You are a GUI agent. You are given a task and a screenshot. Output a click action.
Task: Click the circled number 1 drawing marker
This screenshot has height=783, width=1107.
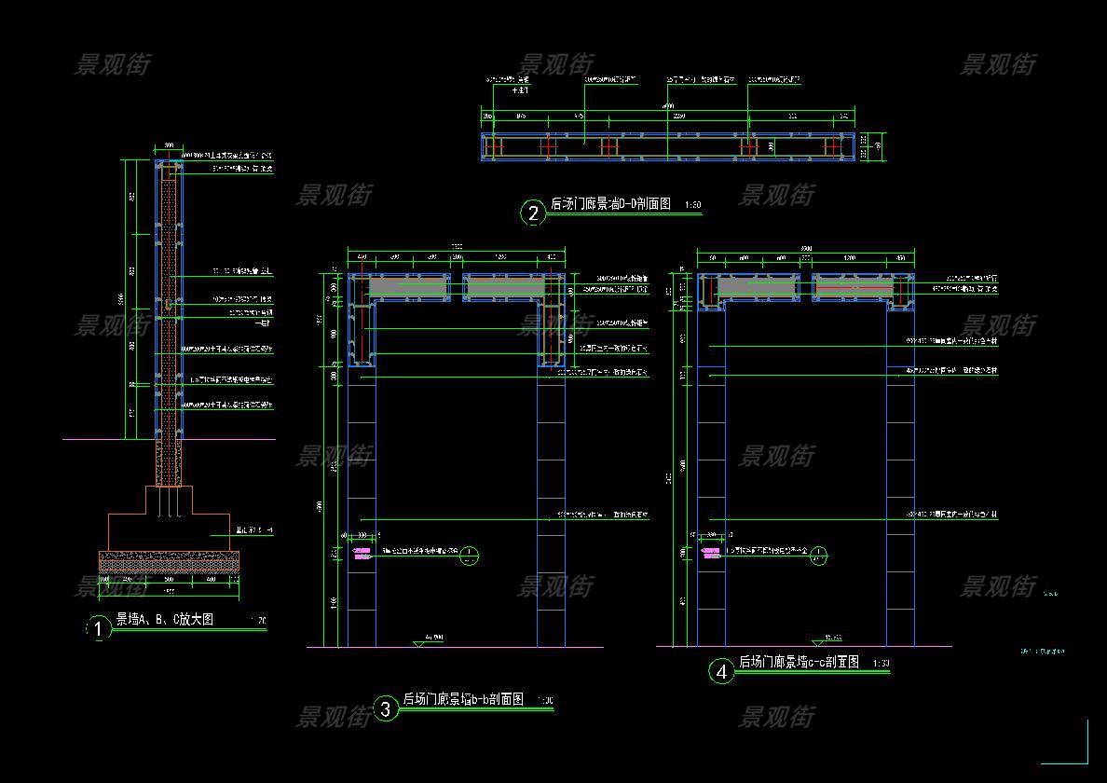98,629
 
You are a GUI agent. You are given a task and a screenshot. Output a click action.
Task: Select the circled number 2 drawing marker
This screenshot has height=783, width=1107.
533,213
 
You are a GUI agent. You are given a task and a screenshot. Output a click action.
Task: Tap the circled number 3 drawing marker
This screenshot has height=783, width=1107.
386,709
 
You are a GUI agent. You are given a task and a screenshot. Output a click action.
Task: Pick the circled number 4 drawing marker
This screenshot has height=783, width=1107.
721,671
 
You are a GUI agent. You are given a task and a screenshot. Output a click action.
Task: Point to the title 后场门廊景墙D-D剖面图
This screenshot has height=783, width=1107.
610,204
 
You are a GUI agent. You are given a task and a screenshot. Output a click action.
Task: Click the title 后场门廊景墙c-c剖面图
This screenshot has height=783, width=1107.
799,662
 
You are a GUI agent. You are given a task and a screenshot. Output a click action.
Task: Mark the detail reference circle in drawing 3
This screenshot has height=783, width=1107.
470,556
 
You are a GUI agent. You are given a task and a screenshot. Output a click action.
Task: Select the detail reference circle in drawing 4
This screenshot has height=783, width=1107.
818,556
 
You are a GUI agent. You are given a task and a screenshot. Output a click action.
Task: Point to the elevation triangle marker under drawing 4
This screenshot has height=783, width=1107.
817,642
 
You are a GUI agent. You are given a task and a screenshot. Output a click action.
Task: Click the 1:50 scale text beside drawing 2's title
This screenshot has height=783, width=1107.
692,205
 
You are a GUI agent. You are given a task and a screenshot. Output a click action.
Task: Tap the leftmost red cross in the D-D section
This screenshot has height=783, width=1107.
495,147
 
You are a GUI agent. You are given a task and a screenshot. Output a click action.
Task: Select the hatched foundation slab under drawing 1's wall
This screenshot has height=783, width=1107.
169,560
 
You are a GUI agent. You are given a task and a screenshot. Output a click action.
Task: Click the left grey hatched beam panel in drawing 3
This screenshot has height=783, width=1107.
408,287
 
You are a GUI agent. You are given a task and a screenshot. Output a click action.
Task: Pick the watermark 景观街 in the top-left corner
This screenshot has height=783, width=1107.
112,64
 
